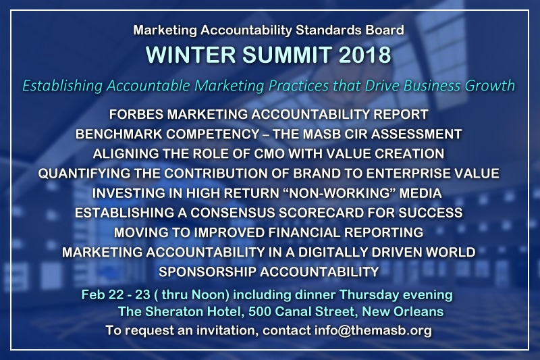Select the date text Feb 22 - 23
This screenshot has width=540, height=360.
pyautogui.click(x=116, y=295)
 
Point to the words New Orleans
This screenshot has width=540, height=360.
pyautogui.click(x=402, y=311)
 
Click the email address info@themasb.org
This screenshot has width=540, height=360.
pyautogui.click(x=373, y=330)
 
